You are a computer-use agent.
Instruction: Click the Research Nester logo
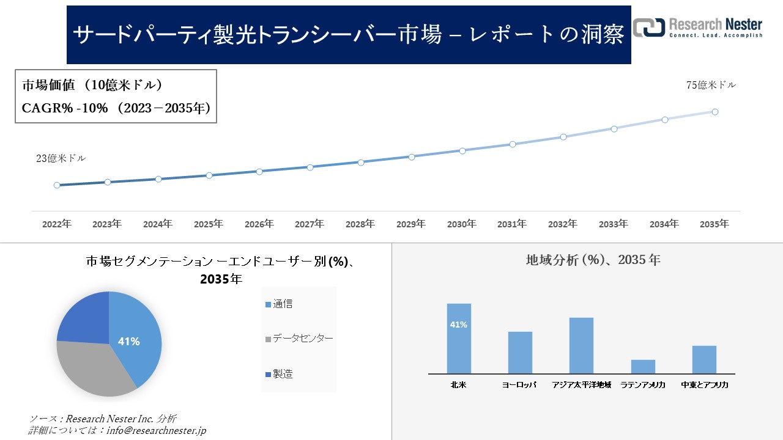[x=697, y=28]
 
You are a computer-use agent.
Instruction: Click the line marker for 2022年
[x=57, y=185]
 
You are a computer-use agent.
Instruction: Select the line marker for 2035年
[x=714, y=112]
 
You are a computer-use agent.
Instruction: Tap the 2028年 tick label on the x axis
[x=360, y=224]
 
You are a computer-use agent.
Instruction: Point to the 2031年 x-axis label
[x=511, y=224]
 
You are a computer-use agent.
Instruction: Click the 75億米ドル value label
[x=711, y=86]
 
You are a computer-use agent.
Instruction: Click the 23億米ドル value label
[x=61, y=158]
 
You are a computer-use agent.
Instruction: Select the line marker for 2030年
[x=462, y=150]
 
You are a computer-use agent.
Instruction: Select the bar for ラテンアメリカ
[x=643, y=367]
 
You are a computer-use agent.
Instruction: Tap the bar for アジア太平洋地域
[x=581, y=345]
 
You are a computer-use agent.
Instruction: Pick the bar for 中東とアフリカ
[x=704, y=359]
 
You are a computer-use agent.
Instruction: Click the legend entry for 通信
[x=283, y=304]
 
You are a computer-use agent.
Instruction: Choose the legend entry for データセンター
[x=303, y=339]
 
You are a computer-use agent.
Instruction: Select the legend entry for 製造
[x=283, y=373]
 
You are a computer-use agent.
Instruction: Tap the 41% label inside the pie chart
[x=128, y=342]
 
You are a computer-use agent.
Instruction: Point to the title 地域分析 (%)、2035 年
[x=593, y=260]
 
